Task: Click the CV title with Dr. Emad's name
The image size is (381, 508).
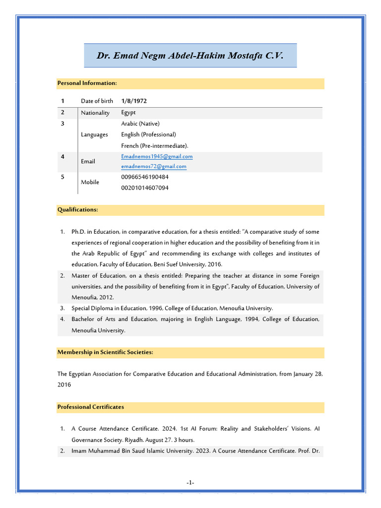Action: [190, 56]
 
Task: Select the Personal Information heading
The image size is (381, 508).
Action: [87, 83]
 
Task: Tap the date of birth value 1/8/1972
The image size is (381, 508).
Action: [134, 101]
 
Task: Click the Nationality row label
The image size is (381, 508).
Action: [95, 113]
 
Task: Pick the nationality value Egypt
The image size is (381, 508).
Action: [128, 113]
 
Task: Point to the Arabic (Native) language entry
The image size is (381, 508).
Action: [140, 124]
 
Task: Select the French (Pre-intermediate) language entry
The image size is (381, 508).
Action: [155, 146]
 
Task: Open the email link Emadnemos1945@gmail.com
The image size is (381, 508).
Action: [157, 156]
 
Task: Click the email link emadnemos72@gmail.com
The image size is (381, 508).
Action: [154, 167]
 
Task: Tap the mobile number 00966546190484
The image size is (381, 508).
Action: [145, 177]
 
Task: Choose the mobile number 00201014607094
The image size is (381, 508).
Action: [145, 188]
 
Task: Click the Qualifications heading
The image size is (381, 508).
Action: [77, 210]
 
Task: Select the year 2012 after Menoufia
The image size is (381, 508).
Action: [108, 298]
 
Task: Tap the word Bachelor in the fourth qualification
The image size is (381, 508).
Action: [84, 319]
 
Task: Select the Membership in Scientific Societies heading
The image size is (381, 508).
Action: [105, 352]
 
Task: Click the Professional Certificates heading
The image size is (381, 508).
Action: [91, 407]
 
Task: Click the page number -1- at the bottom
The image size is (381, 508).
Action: [190, 483]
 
